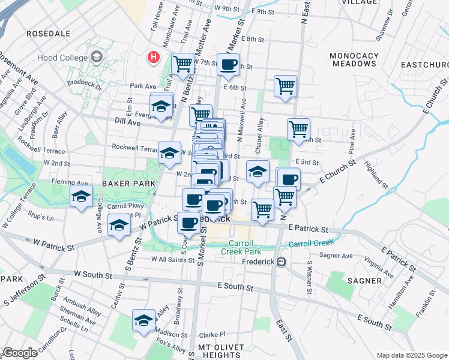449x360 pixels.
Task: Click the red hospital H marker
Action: click(154, 58)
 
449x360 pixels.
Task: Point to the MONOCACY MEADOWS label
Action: click(355, 59)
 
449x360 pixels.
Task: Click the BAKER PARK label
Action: click(124, 183)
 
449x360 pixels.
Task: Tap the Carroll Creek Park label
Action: click(244, 248)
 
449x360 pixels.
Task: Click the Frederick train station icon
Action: click(280, 262)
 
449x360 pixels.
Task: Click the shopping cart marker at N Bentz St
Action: click(182, 62)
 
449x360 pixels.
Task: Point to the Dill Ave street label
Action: click(127, 122)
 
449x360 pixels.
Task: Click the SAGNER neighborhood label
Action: click(364, 280)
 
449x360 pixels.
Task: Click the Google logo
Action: click(19, 353)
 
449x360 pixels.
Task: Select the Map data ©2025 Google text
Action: click(411, 355)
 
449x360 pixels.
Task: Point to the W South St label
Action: click(93, 274)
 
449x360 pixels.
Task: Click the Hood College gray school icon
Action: click(97, 58)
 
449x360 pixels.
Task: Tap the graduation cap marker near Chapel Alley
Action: click(258, 172)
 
